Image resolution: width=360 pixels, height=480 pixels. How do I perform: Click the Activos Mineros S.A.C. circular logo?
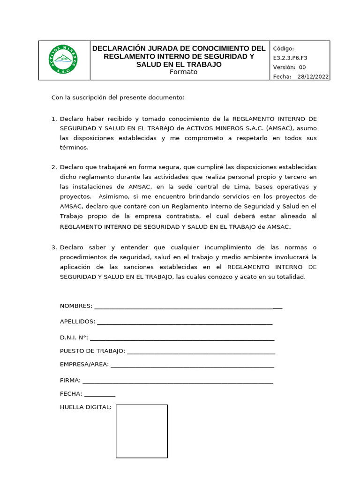(x=63, y=60)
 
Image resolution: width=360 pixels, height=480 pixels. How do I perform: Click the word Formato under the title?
(x=183, y=72)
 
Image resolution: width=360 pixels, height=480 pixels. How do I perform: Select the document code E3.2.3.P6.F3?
(x=290, y=58)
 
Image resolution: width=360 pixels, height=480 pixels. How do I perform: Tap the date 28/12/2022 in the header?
(x=313, y=77)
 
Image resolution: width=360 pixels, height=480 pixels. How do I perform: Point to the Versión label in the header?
(x=285, y=67)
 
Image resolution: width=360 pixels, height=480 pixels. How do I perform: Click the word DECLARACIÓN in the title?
(x=120, y=48)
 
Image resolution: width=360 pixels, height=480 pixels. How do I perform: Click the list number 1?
(x=53, y=119)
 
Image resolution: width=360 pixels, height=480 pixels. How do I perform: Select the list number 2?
(x=53, y=167)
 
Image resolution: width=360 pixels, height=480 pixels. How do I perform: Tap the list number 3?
(x=53, y=247)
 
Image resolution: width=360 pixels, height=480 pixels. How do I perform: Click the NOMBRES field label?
(x=76, y=306)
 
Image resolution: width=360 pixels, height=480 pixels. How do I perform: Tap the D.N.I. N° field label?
(x=74, y=337)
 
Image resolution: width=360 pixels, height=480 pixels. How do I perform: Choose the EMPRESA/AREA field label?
(x=84, y=364)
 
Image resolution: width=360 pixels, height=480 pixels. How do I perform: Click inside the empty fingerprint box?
(x=142, y=431)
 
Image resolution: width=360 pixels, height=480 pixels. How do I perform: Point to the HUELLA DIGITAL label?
(x=86, y=407)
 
